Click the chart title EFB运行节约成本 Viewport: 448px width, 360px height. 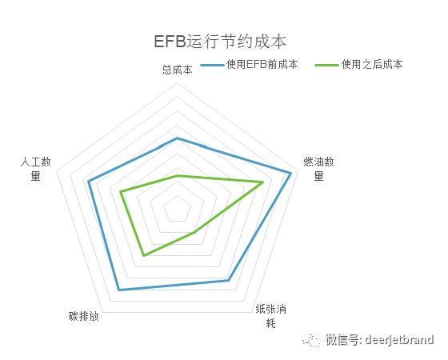(x=220, y=42)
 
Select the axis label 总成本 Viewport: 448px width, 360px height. (x=177, y=70)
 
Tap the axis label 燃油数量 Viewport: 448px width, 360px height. (x=318, y=169)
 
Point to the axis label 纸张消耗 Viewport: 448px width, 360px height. (x=271, y=316)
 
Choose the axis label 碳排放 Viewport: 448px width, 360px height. (x=84, y=316)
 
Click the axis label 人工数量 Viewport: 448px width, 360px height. (x=36, y=169)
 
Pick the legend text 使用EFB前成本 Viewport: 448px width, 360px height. (x=262, y=64)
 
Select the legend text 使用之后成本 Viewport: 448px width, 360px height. (x=372, y=64)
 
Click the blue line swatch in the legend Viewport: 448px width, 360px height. (x=212, y=65)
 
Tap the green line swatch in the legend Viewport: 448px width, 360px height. (x=326, y=65)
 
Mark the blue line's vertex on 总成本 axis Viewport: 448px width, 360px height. (x=177, y=138)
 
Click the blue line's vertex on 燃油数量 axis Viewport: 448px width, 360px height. (x=291, y=174)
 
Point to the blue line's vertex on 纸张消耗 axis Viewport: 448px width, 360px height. (x=228, y=280)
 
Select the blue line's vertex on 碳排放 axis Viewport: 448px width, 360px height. (x=119, y=290)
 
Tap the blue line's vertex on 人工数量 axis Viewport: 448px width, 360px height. (x=89, y=181)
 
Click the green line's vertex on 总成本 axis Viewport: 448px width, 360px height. (x=177, y=175)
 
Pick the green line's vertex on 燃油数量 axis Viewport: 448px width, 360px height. (x=262, y=182)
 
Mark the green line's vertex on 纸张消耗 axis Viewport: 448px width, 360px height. (x=195, y=232)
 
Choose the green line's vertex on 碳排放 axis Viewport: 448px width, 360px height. (x=144, y=255)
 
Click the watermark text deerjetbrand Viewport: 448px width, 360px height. (x=399, y=340)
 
